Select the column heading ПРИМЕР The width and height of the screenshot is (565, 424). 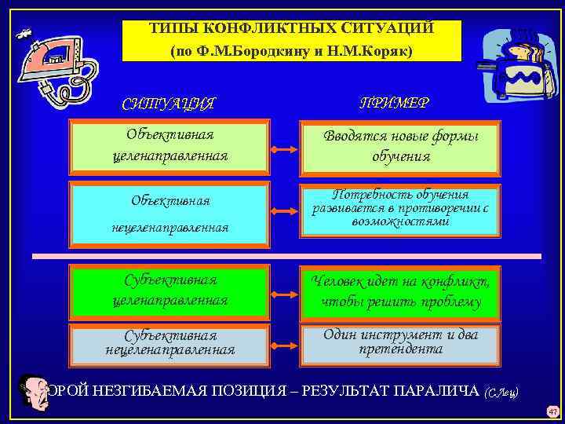(394, 103)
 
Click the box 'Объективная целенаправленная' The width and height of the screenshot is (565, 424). (169, 145)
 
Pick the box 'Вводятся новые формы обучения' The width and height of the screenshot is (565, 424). (400, 146)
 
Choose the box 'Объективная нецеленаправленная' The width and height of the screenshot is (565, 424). (169, 213)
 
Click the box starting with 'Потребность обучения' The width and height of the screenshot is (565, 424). (400, 210)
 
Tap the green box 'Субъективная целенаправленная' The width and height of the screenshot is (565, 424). (169, 291)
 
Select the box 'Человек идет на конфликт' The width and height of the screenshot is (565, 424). (400, 291)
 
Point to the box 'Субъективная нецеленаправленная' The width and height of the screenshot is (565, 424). (169, 343)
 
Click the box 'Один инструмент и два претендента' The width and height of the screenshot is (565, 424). (400, 343)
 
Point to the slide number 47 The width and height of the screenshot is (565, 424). (552, 411)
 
